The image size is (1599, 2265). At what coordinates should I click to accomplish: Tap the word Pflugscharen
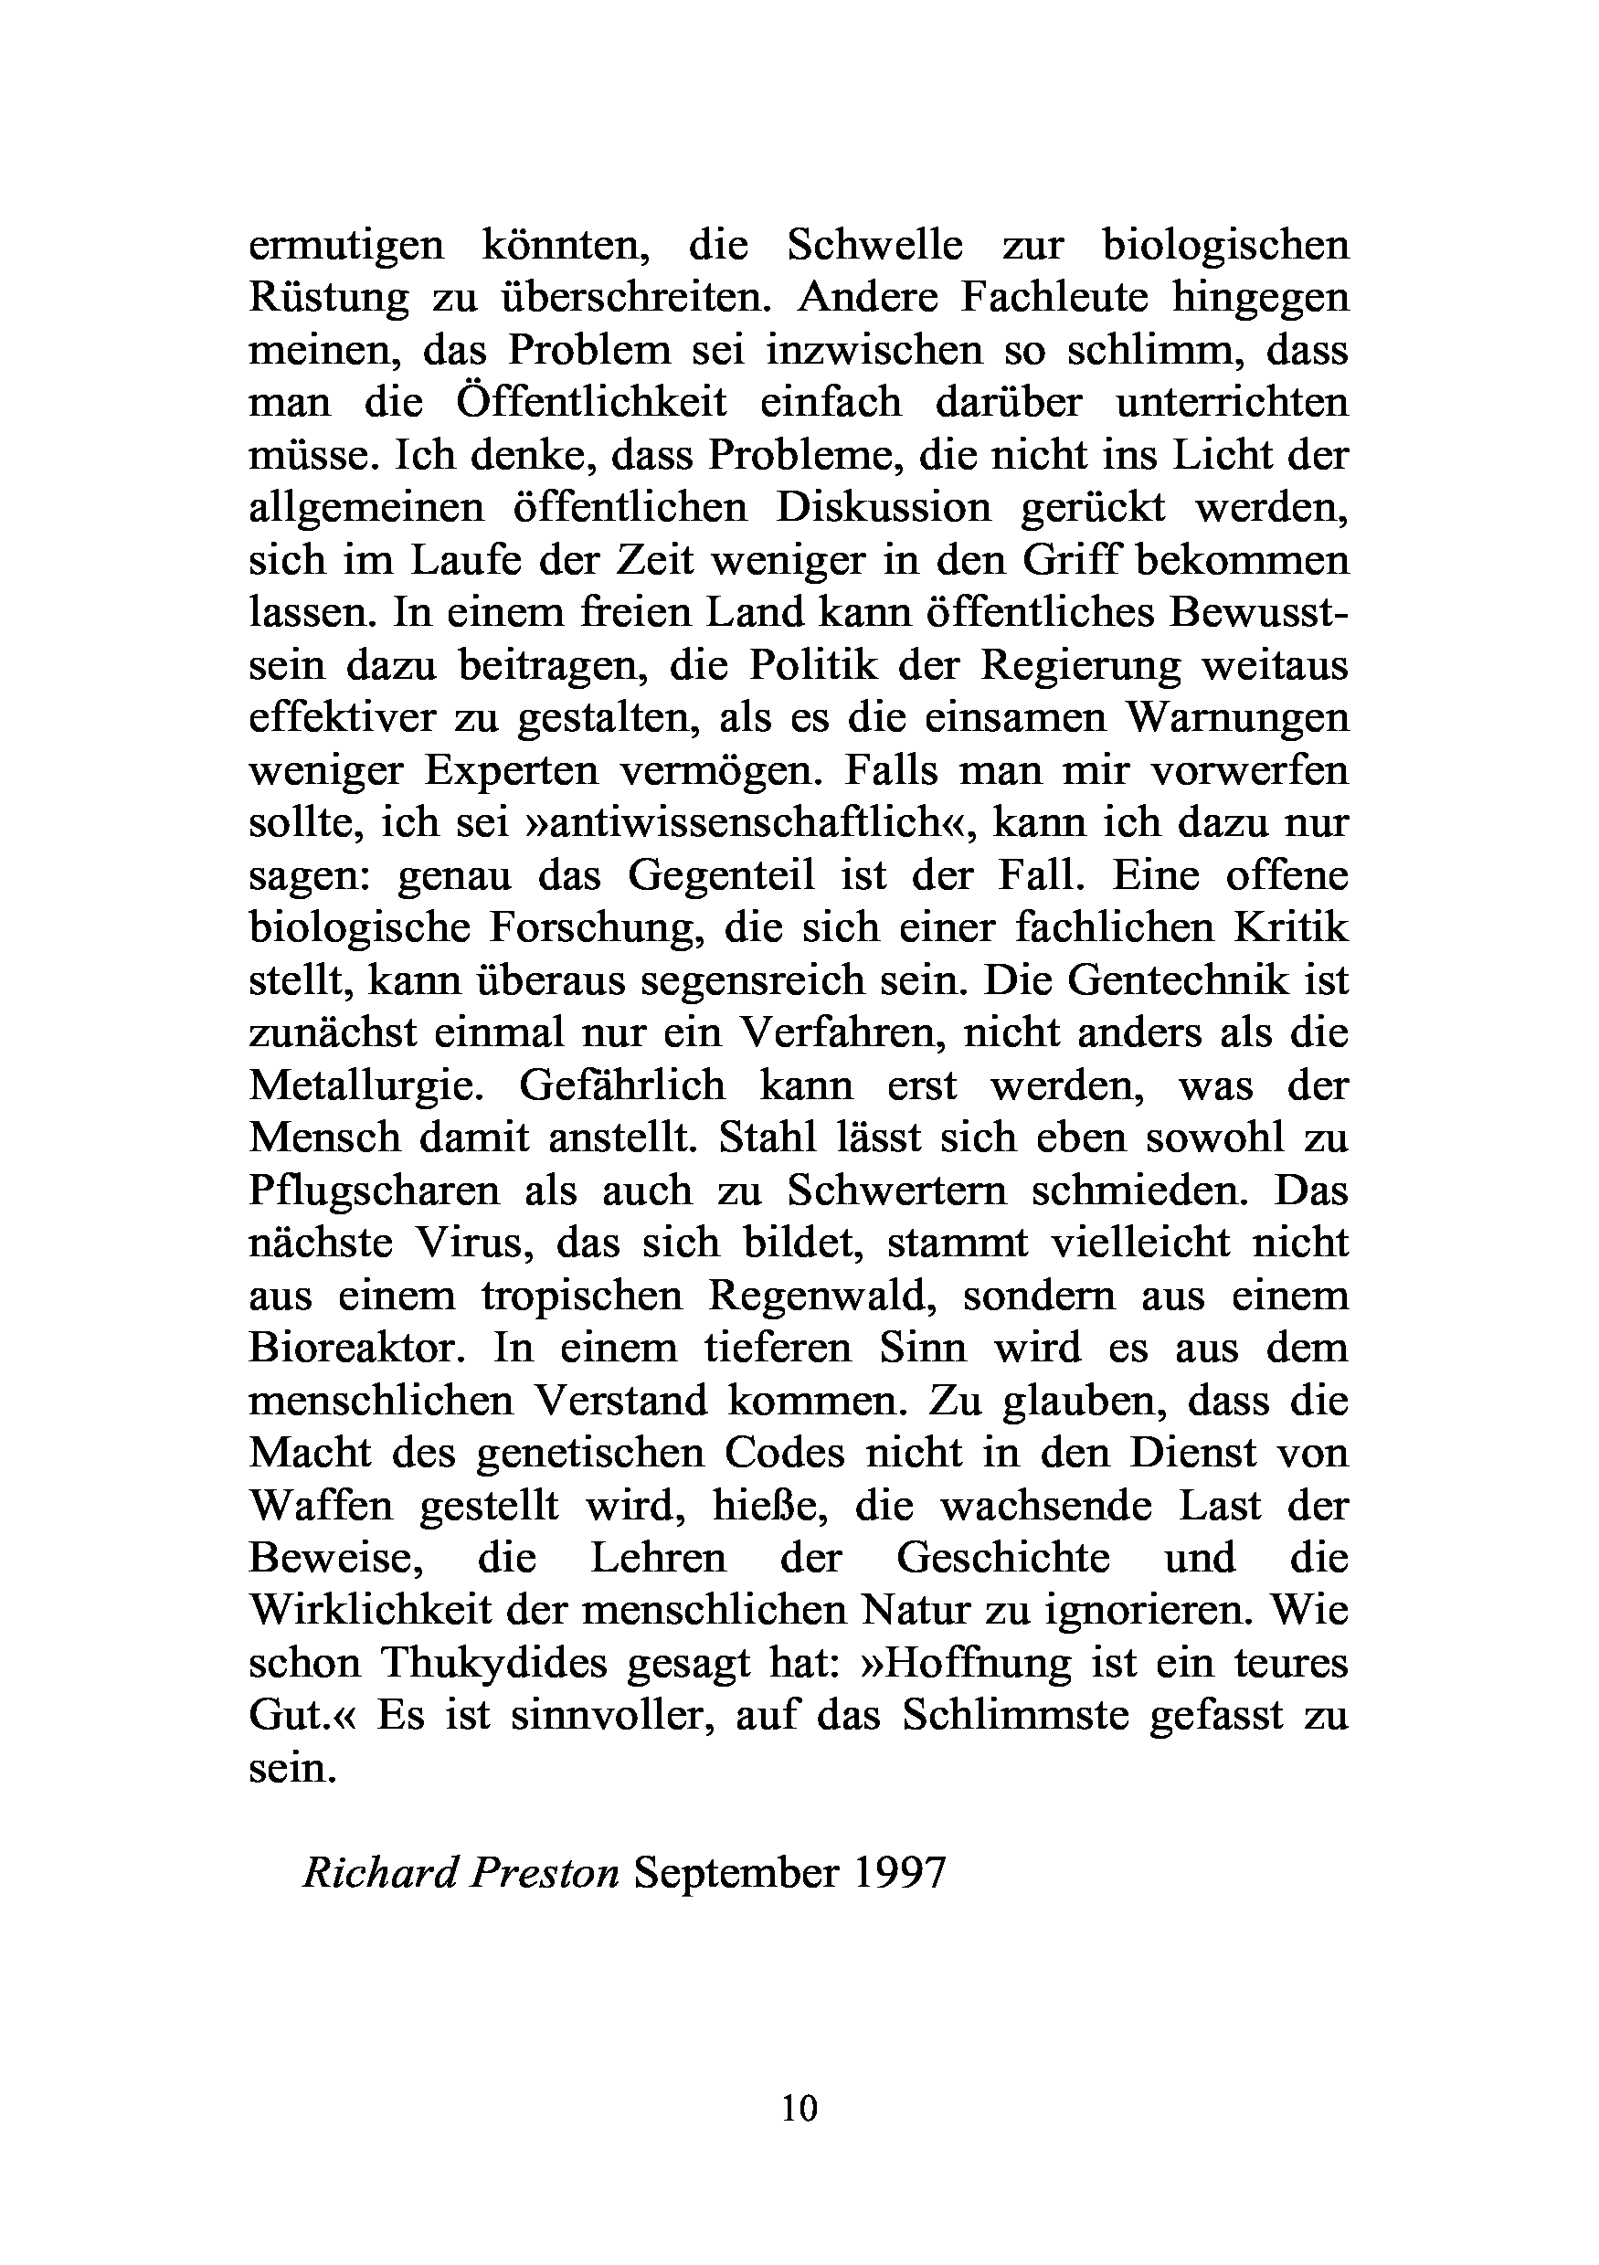(x=374, y=1191)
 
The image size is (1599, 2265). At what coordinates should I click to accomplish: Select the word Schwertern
(x=896, y=1191)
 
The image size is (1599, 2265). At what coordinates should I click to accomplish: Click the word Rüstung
(x=329, y=298)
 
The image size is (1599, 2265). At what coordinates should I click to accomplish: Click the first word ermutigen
(x=346, y=246)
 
